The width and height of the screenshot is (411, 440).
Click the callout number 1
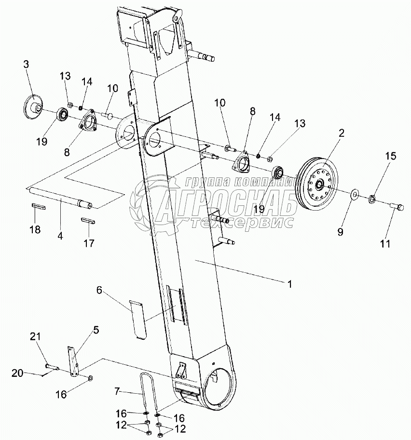(289, 284)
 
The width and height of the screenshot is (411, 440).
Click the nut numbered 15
(373, 198)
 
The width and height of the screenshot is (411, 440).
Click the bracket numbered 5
(73, 361)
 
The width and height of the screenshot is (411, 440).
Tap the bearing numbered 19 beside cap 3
(63, 115)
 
